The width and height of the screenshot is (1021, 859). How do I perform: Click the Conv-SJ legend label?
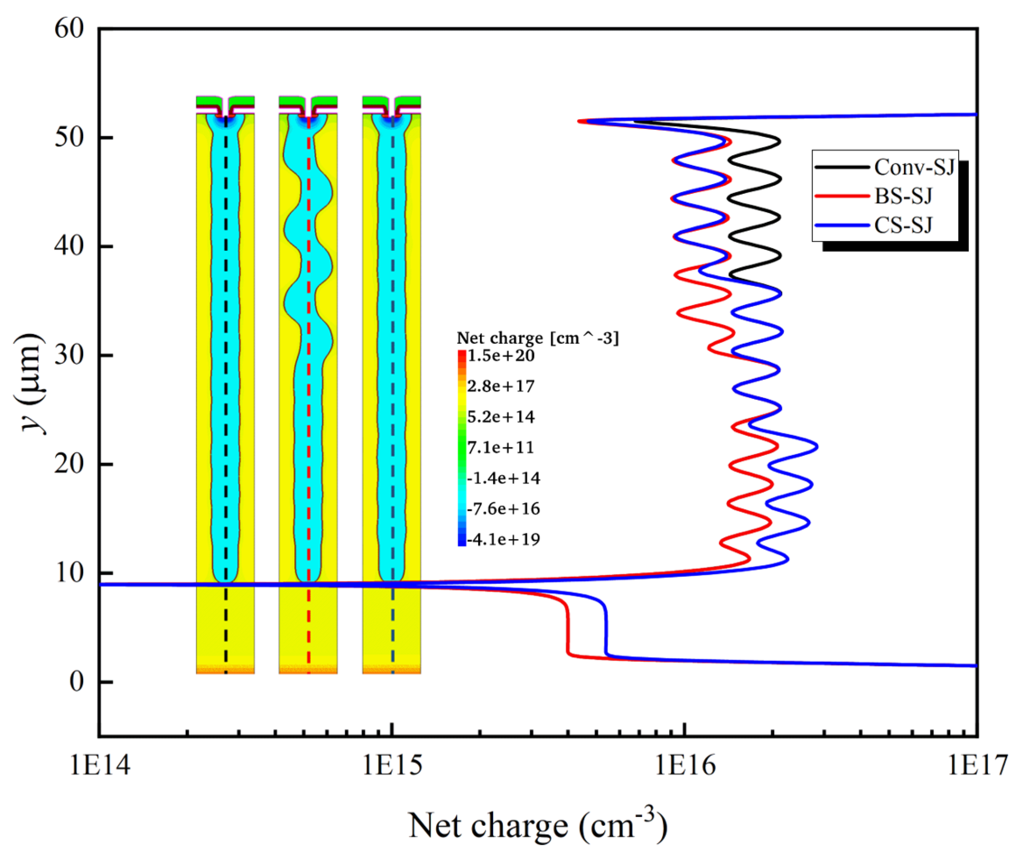914,167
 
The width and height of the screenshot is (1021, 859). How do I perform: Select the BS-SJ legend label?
903,196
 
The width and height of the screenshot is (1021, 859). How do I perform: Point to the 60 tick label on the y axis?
69,29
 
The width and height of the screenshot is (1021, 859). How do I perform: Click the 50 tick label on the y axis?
69,137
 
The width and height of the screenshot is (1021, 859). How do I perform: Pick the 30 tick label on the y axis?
69,355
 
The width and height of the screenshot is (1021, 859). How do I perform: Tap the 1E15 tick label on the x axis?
392,766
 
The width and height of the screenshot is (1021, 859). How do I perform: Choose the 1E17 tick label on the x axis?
977,766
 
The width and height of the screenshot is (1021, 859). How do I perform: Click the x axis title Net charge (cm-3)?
538,826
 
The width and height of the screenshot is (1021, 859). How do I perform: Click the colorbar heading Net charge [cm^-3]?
538,338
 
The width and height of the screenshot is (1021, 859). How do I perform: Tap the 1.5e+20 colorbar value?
501,356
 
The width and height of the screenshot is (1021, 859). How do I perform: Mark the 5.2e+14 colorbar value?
501,417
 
